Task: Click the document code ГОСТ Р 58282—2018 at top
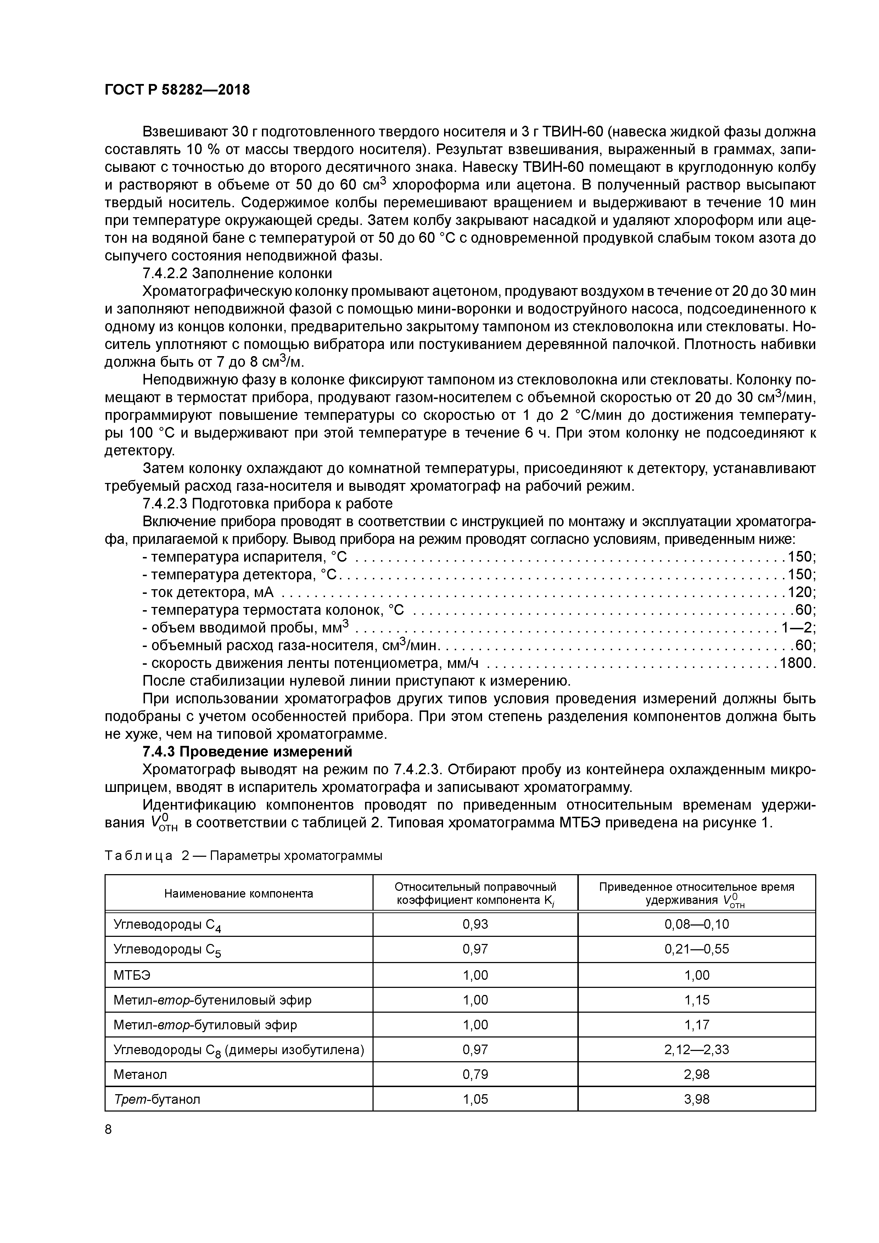[x=177, y=90]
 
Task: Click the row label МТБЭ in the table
[x=132, y=975]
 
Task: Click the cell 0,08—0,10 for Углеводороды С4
[x=696, y=924]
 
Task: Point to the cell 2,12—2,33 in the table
[x=696, y=1050]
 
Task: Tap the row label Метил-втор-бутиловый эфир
[x=205, y=1025]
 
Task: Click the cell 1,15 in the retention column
[x=696, y=1000]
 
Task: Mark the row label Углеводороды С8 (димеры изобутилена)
[x=238, y=1050]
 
